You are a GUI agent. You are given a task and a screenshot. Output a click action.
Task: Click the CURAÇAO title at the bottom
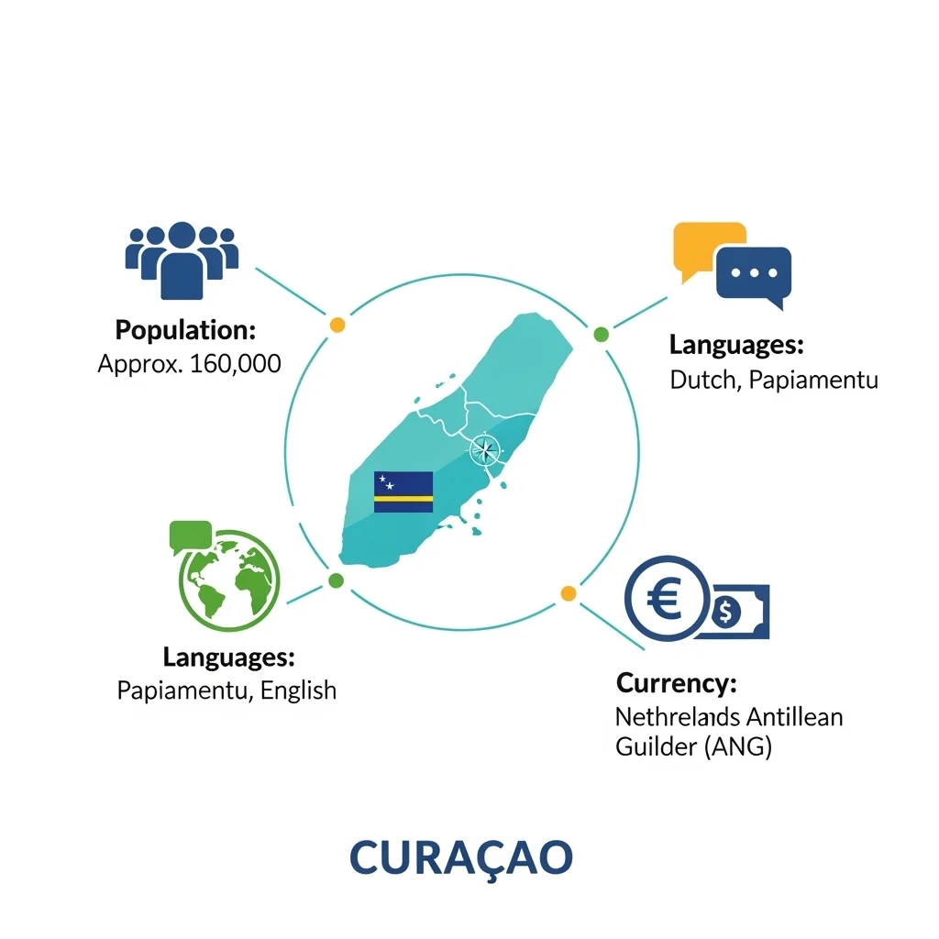461,858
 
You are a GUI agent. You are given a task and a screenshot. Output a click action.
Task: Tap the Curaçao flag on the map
403,492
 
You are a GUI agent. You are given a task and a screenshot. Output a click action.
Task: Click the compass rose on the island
484,449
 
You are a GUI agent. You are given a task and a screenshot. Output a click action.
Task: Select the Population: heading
185,330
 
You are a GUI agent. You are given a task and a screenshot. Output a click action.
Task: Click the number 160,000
236,364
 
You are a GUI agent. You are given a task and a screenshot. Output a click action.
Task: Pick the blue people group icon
182,260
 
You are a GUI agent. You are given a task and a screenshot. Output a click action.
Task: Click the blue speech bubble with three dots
754,275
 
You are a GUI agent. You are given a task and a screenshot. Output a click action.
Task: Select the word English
298,690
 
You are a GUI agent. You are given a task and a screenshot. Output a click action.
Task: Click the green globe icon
229,580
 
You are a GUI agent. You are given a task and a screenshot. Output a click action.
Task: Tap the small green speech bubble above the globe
191,536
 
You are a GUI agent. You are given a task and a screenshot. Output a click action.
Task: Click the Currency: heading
677,683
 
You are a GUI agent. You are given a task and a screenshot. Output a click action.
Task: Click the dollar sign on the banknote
726,612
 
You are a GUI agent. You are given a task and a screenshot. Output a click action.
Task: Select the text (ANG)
738,747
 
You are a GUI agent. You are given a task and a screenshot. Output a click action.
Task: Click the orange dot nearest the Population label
337,326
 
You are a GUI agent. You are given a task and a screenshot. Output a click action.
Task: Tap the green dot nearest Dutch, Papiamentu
602,335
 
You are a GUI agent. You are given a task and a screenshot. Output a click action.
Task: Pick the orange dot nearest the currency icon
569,593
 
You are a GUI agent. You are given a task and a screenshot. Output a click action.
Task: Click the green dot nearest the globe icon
336,580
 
